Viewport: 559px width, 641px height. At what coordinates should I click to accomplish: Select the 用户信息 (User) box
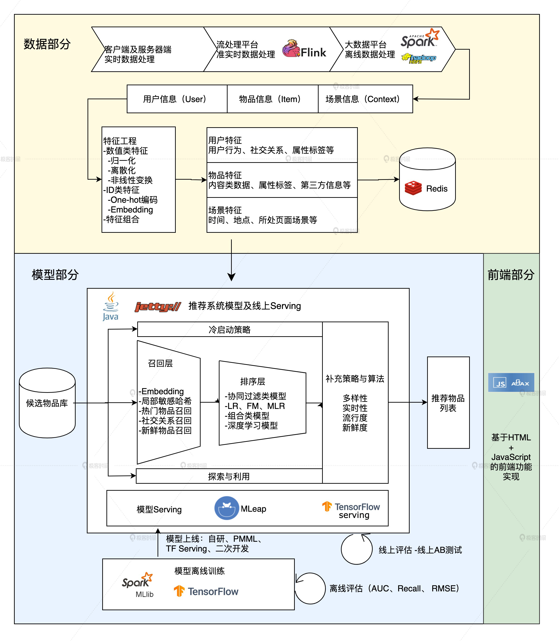(177, 99)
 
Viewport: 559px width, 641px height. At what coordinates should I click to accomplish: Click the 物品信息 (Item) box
(273, 99)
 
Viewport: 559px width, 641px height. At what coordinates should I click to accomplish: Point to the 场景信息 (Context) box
(365, 99)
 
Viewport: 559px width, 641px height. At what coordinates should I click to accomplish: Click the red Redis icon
(413, 188)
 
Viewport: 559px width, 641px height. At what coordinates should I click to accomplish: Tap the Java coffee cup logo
(111, 306)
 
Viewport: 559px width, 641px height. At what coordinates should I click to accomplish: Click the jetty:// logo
(158, 306)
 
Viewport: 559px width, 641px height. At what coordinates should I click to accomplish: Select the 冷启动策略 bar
(230, 329)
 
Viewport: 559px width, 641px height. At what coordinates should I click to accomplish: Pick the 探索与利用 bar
(229, 476)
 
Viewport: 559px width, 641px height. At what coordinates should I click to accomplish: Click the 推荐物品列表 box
(448, 402)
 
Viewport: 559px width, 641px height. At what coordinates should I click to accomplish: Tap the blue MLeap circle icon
(227, 508)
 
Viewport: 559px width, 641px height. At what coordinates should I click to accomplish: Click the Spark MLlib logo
(137, 585)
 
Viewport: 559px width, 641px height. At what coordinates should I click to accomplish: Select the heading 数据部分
(47, 44)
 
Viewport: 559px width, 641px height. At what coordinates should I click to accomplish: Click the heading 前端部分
(511, 275)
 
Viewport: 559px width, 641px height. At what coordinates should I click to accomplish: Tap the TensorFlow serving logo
(351, 510)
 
